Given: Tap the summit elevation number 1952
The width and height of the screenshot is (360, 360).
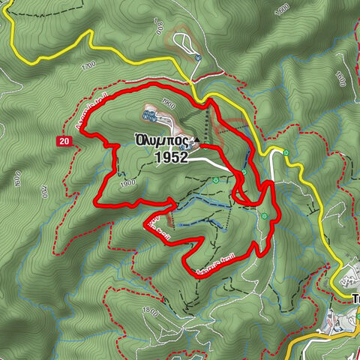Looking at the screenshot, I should [x=172, y=157].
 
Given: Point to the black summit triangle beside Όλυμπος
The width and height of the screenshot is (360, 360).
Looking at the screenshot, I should [x=196, y=140].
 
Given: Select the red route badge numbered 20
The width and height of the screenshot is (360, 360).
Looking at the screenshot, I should [x=65, y=140].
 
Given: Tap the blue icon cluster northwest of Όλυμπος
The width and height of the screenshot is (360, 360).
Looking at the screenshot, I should [x=148, y=116].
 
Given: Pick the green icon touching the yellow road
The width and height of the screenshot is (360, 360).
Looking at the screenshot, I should [x=286, y=154].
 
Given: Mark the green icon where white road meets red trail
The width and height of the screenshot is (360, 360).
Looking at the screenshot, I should [x=243, y=173].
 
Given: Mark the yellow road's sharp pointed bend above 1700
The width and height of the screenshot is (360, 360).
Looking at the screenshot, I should [x=90, y=31].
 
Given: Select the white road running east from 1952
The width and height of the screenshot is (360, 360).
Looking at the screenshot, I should [x=214, y=160].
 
